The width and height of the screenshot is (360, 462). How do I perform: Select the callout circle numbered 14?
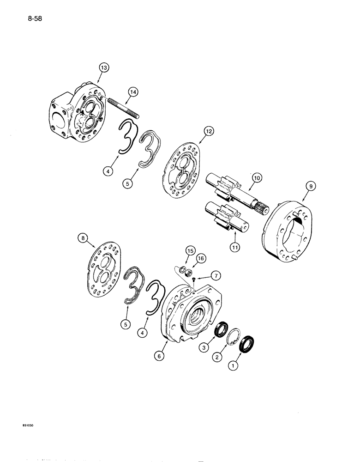[x=133, y=93]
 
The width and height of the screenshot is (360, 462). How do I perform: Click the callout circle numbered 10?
[x=256, y=177]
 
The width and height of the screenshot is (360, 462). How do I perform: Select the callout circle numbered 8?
[x=84, y=239]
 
